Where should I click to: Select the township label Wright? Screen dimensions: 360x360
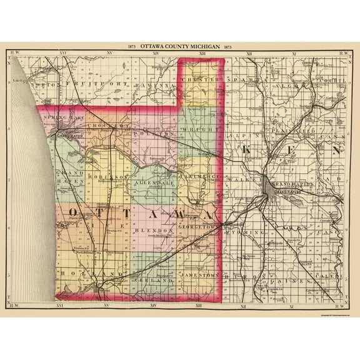tap(198, 129)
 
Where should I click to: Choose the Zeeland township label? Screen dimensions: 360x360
tap(152, 281)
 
